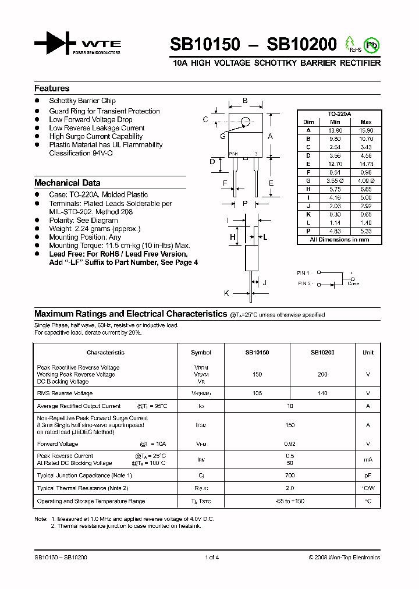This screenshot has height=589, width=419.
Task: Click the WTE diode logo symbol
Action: point(56,44)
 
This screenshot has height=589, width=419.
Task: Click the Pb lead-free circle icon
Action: point(370,44)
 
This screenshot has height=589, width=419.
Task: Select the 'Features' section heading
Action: point(52,88)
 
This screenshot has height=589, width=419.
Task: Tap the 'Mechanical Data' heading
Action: point(67,183)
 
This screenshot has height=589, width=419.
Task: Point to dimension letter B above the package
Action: point(245,101)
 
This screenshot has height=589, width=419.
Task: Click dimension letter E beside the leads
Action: point(271,183)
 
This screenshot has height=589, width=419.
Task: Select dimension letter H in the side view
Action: point(232,237)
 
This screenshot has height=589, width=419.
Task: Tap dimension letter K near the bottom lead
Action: point(226,293)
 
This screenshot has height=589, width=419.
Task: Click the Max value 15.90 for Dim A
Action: point(365,130)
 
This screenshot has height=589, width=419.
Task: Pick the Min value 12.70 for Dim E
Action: point(335,164)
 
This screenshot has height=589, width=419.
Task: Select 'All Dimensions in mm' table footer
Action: point(339,239)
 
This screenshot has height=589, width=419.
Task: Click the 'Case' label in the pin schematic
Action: point(353,283)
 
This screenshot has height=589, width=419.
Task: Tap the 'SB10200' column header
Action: point(322,353)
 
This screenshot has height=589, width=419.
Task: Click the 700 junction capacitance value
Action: point(290,475)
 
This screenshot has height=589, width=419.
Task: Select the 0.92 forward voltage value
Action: point(290,443)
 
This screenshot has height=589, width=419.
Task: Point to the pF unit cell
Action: point(368,475)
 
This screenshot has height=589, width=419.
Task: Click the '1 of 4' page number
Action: point(212,558)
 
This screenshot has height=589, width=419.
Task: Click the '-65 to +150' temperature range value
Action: point(290,501)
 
